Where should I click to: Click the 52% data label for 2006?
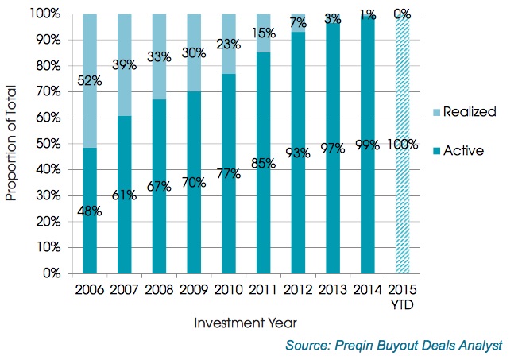[x=90, y=80]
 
